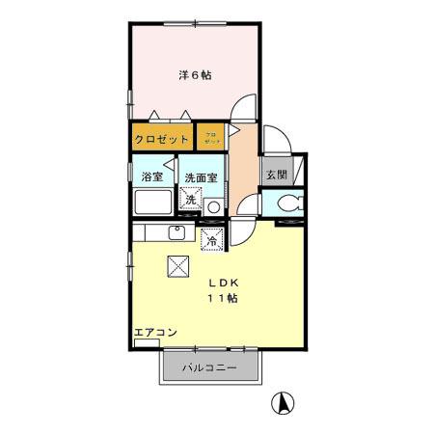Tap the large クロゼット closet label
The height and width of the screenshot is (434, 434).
point(162,139)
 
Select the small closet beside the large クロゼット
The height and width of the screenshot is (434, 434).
point(211,138)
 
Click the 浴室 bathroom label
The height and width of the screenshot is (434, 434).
point(151,177)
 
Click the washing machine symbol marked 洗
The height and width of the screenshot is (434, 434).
point(191,202)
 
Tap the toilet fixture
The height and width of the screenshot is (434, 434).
point(288,203)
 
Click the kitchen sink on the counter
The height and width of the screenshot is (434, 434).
point(177,233)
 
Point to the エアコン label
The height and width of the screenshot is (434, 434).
point(154,333)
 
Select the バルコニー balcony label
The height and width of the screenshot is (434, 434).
point(209,367)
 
